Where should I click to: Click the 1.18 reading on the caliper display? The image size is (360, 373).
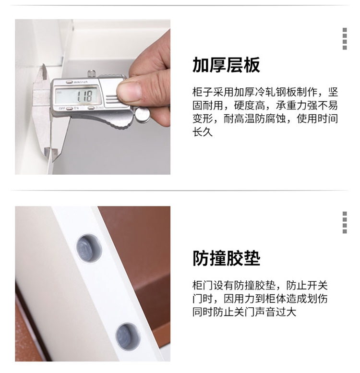(84, 96)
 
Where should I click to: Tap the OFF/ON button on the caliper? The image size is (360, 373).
(70, 108)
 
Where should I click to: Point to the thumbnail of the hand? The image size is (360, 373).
(129, 89)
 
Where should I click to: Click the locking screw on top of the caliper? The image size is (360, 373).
(91, 73)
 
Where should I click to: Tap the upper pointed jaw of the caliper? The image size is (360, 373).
(43, 72)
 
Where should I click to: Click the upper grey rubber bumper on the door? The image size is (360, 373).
(88, 248)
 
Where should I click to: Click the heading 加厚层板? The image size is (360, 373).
(226, 65)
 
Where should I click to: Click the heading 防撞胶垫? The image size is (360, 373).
(226, 258)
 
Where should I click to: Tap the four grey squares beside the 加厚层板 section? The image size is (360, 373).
(345, 39)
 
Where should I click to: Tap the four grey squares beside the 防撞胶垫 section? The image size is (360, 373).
(345, 222)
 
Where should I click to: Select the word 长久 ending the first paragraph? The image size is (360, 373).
(203, 132)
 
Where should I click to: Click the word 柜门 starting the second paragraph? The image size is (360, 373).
(203, 286)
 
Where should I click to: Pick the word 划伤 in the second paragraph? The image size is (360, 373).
(317, 299)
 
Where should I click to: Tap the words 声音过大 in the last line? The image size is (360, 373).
(276, 312)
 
